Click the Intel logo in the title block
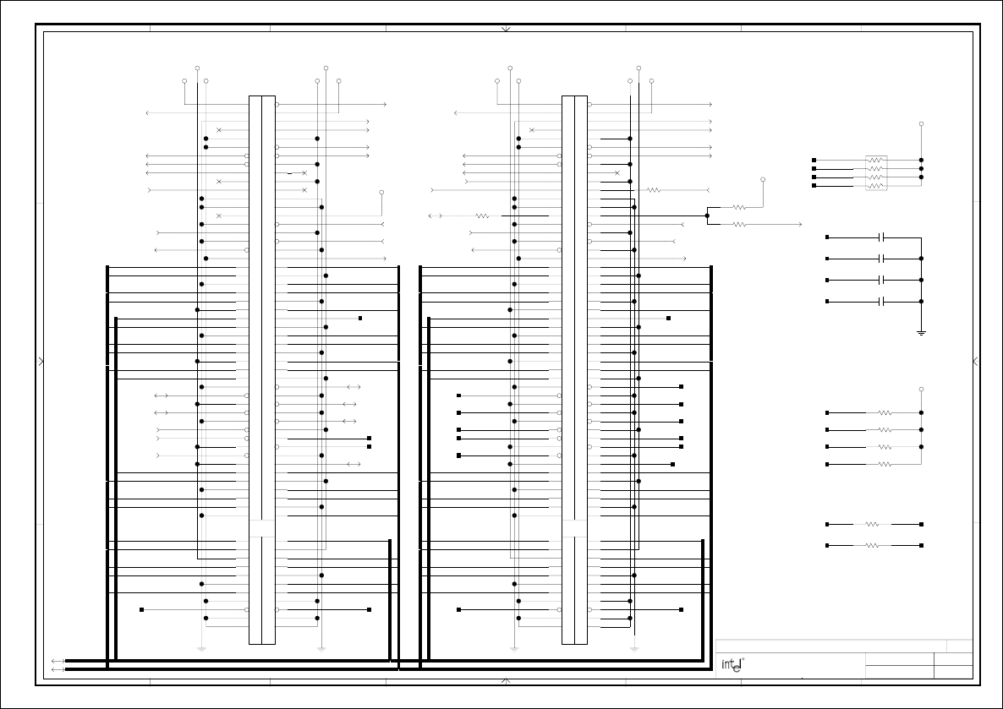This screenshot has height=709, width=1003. point(732,664)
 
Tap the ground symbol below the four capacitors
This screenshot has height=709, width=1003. point(921,332)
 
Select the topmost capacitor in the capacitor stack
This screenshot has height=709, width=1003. point(881,237)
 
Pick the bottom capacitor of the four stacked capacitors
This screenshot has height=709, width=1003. point(881,301)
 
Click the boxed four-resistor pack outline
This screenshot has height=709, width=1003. point(876,172)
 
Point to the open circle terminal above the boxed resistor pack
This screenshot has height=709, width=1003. point(921,124)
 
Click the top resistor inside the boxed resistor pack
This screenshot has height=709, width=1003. point(876,160)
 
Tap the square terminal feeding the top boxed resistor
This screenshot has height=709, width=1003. point(814,160)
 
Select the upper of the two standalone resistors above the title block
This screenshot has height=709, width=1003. point(873,524)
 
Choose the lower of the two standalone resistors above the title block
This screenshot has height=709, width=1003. point(873,545)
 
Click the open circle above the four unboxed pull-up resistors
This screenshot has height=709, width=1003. point(921,390)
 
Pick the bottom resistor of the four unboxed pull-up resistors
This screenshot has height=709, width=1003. point(885,464)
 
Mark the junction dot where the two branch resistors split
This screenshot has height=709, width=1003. point(707,215)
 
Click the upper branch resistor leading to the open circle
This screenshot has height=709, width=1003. point(739,207)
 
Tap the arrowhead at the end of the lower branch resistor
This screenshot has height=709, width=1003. point(799,224)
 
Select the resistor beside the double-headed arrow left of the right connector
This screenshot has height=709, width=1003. point(482,215)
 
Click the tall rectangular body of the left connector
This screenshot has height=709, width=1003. point(261,369)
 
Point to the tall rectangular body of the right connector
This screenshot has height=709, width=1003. point(574,369)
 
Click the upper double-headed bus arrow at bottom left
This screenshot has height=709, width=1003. point(58,661)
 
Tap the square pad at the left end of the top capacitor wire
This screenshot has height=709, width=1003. point(827,237)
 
